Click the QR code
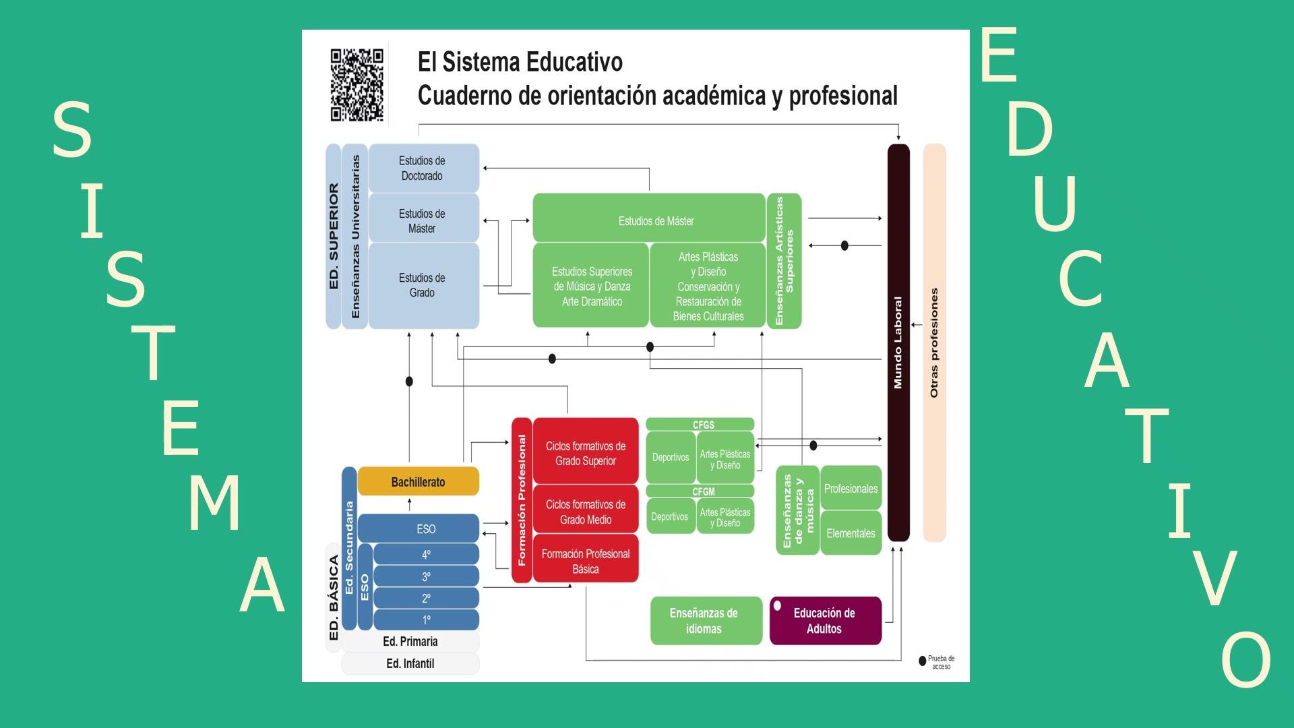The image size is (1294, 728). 357,85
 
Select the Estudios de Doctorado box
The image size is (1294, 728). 423,168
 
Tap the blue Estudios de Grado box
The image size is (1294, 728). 423,285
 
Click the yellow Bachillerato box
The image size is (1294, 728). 418,482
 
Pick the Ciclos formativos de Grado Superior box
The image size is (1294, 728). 585,453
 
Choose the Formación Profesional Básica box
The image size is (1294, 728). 585,561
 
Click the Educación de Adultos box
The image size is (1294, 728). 825,621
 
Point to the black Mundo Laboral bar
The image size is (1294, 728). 898,342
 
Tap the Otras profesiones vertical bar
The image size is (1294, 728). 934,342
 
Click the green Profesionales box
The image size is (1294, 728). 851,489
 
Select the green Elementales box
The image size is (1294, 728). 851,533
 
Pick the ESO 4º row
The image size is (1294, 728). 426,555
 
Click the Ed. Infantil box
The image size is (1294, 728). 410,664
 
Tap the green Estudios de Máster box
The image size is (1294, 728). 649,220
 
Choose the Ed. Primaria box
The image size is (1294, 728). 410,641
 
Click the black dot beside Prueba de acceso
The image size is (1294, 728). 923,661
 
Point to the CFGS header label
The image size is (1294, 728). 703,425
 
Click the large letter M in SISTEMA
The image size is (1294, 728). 214,503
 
